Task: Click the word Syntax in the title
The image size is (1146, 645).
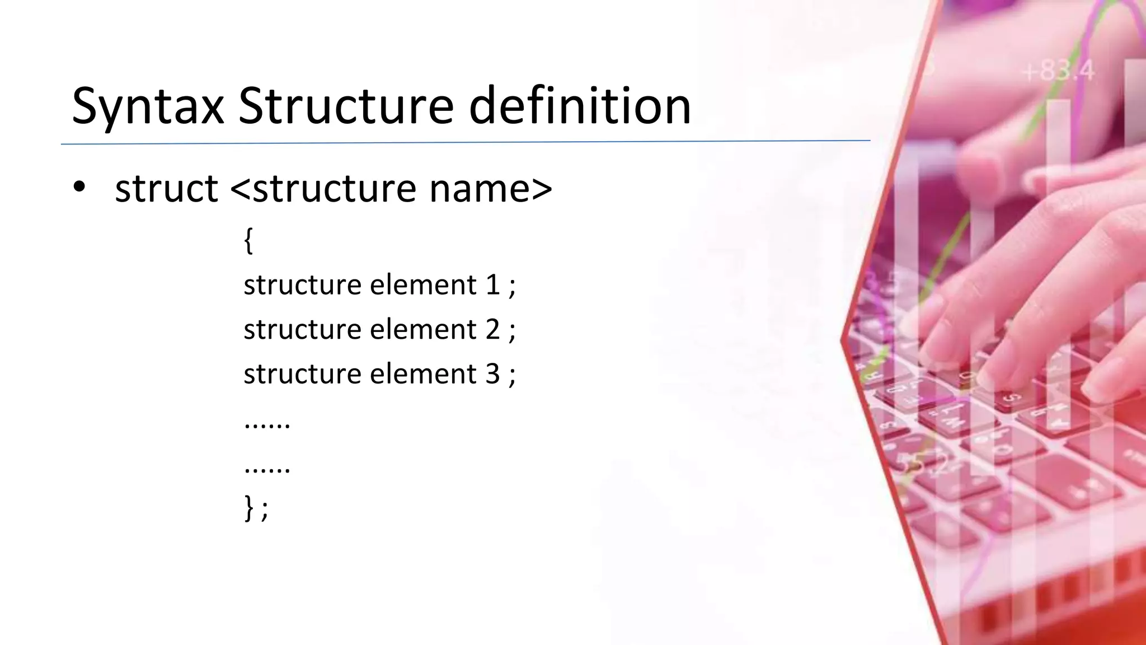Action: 148,106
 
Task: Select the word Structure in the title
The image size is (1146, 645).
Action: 346,106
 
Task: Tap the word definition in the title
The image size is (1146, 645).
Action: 580,106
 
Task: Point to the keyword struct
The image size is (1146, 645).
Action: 166,189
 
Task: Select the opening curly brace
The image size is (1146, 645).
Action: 249,241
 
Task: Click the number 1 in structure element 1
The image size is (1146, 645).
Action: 492,285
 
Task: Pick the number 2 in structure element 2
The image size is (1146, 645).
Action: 492,329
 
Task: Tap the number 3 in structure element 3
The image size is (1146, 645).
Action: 492,373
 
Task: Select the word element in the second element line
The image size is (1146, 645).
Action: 423,329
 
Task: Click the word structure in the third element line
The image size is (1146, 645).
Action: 302,373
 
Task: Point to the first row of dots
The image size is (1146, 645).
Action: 267,426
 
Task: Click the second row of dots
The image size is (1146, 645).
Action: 267,470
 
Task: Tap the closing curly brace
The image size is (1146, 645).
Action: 249,508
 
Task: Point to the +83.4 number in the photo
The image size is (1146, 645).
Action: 1058,72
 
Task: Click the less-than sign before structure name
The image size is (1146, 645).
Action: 240,189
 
